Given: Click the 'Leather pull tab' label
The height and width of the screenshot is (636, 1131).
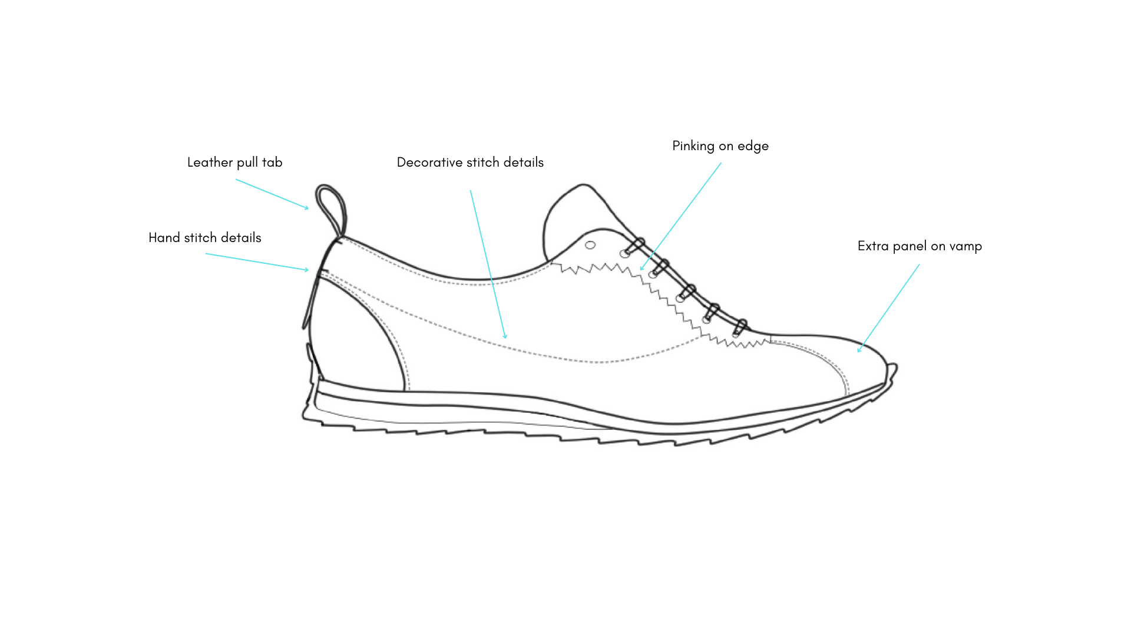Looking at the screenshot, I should tap(234, 163).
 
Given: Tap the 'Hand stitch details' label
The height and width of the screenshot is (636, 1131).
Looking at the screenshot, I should tap(204, 238).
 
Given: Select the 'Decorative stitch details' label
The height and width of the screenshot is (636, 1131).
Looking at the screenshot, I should tap(469, 163).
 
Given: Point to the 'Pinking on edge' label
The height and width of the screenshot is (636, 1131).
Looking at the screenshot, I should tap(720, 146).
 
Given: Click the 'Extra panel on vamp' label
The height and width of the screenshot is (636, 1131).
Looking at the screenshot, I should tap(919, 246).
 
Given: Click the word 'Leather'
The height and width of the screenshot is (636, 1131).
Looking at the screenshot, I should tap(210, 163).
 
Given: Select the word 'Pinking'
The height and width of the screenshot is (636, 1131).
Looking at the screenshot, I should tap(693, 146).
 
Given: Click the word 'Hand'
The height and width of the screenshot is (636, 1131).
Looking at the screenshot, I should tap(164, 238).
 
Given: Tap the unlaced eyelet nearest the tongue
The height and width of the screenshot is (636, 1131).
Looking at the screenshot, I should tap(590, 245).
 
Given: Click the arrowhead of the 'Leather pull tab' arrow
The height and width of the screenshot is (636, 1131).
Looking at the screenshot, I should tap(307, 208).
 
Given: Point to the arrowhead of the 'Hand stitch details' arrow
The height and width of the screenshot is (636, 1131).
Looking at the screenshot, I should tap(307, 270).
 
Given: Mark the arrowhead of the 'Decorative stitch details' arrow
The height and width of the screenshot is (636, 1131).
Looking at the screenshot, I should tap(505, 337).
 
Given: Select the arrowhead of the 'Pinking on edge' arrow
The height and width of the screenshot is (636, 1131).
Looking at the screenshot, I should tap(641, 269).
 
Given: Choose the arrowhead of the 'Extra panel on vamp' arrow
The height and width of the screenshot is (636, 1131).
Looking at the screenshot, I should tap(859, 351).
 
